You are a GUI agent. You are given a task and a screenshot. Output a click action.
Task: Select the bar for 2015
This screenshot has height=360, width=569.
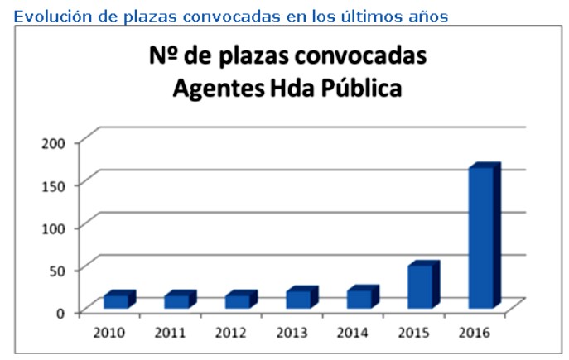[x=424, y=285]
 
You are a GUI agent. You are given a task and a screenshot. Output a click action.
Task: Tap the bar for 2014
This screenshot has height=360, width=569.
[x=363, y=297]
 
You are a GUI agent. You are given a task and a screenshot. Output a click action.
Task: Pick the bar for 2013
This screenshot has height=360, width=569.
[x=302, y=297]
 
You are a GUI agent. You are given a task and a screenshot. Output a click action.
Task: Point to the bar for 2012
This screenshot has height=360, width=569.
[x=241, y=300]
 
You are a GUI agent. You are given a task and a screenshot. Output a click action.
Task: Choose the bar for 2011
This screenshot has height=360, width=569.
[x=181, y=300]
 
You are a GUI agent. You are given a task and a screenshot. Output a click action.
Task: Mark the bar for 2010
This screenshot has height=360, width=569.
[x=120, y=300]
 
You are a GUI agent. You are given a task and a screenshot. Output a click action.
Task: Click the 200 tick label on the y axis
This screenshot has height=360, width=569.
[x=54, y=143]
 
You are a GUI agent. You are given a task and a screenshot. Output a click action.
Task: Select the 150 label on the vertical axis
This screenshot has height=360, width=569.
[x=54, y=186]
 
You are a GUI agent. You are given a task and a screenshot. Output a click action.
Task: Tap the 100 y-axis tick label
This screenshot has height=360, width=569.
[x=54, y=228]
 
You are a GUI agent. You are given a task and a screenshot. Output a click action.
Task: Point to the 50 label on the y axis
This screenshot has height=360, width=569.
[x=58, y=271]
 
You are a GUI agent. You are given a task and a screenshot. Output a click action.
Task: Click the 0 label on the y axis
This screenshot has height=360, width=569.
[x=60, y=313]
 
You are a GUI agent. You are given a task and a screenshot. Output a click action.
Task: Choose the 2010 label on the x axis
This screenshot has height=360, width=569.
[x=108, y=333]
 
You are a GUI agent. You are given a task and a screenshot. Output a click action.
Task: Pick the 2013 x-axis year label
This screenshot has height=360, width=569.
[x=292, y=333]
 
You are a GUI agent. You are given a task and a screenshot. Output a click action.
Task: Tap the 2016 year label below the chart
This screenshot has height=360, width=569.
[x=475, y=333]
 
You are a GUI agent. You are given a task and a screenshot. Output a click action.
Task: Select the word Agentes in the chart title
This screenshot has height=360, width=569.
[x=219, y=89]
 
